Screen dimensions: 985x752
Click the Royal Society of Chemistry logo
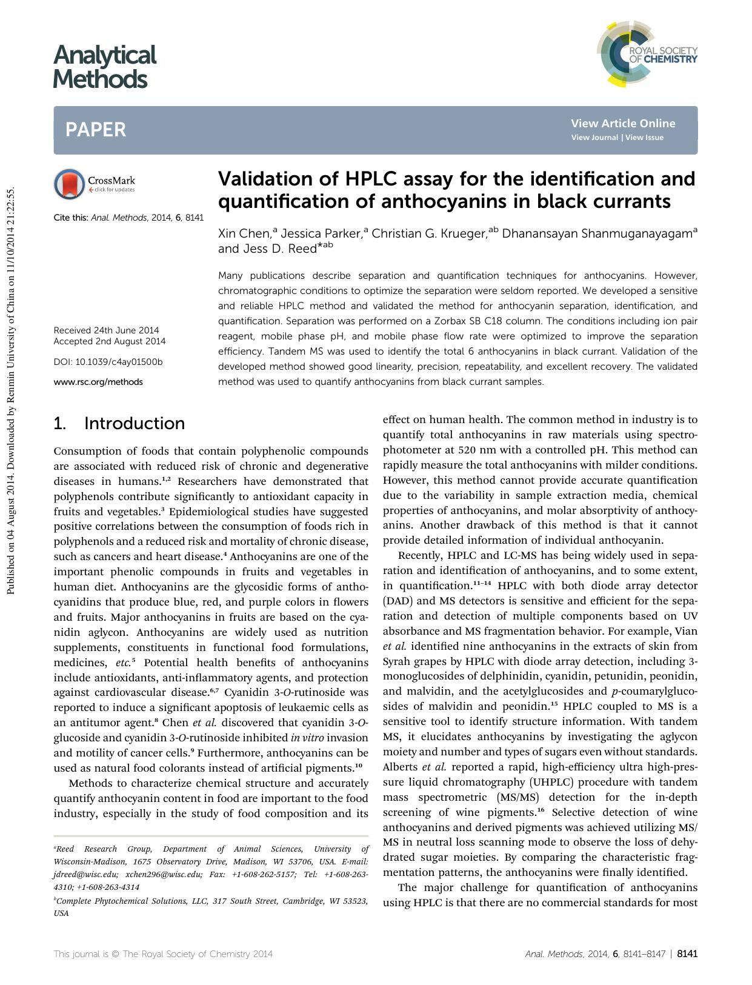click(x=647, y=54)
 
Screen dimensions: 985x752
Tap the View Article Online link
click(x=622, y=124)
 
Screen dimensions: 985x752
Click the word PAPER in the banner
click(x=96, y=130)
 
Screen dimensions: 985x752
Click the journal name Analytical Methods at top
click(x=104, y=67)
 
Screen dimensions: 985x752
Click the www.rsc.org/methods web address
click(x=98, y=382)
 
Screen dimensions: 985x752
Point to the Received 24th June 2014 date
click(x=106, y=330)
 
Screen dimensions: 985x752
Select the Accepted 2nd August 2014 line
click(x=109, y=341)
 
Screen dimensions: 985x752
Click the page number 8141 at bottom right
click(x=687, y=953)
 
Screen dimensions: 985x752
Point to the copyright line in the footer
click(x=163, y=953)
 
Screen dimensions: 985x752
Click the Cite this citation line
click(x=128, y=217)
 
